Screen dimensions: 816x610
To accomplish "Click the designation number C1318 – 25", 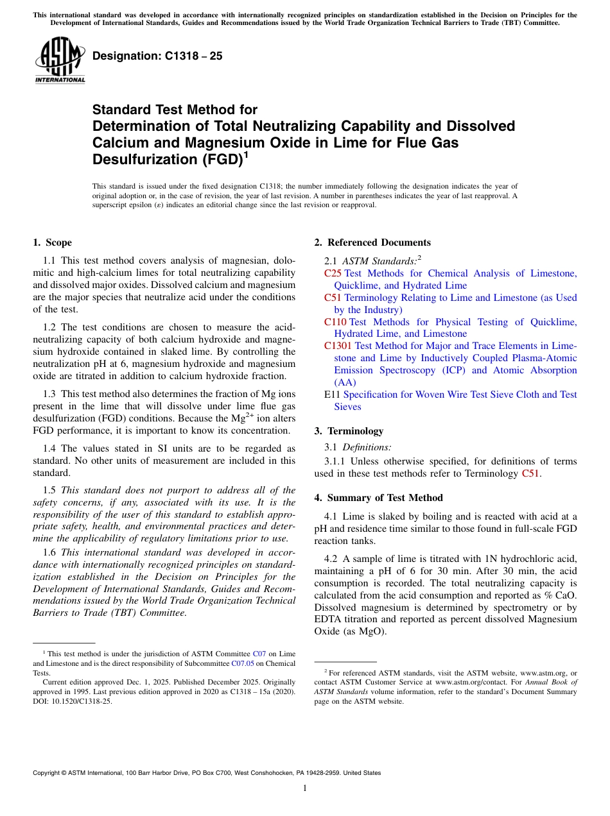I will tap(157, 56).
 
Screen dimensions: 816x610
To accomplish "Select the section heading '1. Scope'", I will tap(53, 242).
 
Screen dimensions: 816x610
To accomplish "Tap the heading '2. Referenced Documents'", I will tap(372, 242).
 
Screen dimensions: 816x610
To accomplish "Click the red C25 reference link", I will tap(333, 273).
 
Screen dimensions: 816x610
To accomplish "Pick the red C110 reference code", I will tap(335, 322).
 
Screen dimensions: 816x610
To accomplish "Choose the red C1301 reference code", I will tap(338, 346).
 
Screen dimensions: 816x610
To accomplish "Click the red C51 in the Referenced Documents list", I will tap(333, 298).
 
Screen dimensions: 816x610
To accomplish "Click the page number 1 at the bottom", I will tap(305, 788).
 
